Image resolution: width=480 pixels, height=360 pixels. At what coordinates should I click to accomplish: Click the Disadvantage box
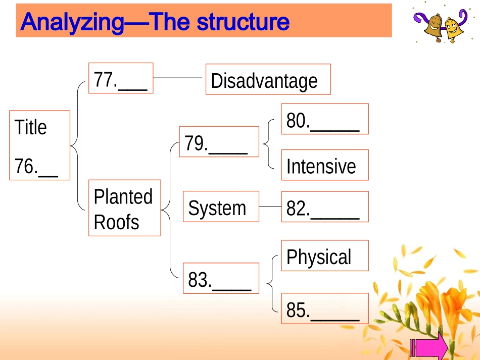[268, 79]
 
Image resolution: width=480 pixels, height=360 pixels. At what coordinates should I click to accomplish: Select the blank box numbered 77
[121, 78]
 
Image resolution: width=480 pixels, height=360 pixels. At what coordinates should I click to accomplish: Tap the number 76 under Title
[26, 167]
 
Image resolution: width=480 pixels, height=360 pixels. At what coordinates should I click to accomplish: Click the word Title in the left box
[31, 127]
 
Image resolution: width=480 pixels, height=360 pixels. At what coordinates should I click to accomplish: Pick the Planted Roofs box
[125, 208]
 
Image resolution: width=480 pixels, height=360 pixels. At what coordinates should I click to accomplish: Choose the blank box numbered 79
[219, 141]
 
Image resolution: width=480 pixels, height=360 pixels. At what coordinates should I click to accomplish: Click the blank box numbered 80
[325, 119]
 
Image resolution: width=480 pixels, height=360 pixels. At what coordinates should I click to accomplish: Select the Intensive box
[325, 165]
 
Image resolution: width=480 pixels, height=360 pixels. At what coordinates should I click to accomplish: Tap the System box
[221, 207]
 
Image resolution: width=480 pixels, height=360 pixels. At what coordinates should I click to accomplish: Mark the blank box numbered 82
[325, 207]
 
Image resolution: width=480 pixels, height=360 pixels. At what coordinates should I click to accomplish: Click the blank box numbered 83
[221, 278]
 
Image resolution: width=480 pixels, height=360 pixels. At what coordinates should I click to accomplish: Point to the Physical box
[325, 255]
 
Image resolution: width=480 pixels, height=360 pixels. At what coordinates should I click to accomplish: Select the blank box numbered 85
[325, 308]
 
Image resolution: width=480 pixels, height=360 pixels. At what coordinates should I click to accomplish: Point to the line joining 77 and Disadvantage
[177, 78]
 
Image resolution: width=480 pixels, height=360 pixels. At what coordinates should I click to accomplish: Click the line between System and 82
[270, 207]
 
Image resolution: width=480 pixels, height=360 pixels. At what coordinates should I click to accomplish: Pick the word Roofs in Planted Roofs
[116, 222]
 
